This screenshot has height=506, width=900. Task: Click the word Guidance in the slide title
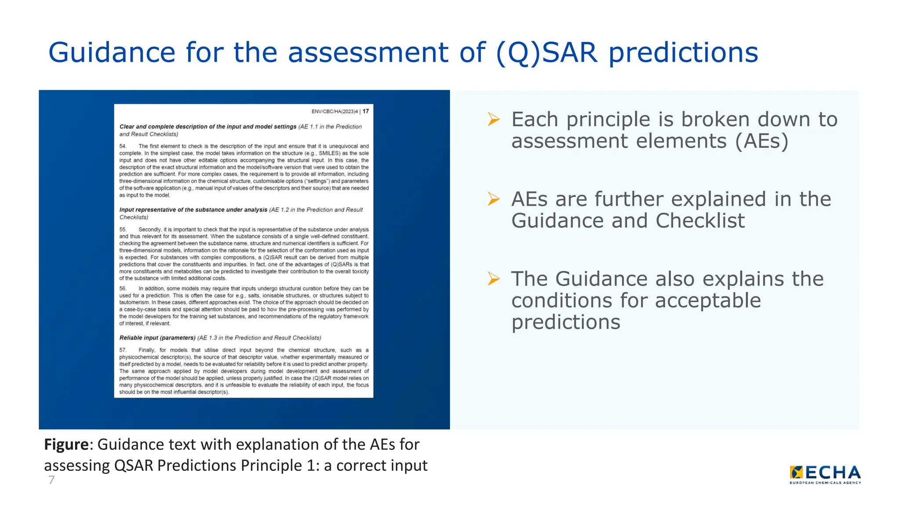112,53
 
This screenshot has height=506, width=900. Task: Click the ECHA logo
825,474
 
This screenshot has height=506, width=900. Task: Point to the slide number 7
51,480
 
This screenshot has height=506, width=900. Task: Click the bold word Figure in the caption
66,445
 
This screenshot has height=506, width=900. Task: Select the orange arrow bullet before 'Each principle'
494,119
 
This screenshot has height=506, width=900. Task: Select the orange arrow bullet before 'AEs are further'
494,199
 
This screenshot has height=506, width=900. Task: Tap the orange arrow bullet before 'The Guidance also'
494,278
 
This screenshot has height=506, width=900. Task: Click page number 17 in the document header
366,111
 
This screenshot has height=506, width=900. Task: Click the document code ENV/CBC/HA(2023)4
334,112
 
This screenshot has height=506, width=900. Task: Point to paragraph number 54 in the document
123,146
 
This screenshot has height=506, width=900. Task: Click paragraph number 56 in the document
123,289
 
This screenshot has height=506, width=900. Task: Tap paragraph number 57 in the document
123,350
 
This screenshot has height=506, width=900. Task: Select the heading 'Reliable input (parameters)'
157,338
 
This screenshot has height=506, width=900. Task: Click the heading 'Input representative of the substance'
193,210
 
